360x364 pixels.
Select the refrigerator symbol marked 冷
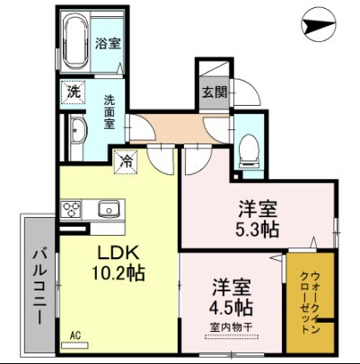click(128, 161)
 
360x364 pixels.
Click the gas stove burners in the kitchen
click(71, 210)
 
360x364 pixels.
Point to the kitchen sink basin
click(109, 210)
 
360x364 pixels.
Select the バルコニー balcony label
click(40, 282)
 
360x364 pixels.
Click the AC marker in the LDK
click(75, 337)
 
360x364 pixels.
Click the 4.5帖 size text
click(233, 308)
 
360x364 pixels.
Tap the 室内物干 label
click(233, 328)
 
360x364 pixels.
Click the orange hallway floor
click(171, 126)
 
